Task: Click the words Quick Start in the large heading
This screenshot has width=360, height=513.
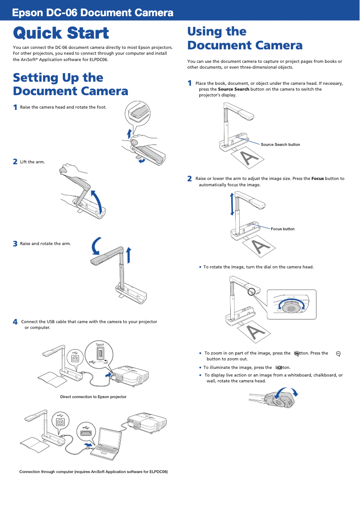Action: point(61,33)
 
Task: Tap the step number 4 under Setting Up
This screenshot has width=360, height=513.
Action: point(15,322)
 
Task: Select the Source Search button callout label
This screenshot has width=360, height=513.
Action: point(280,145)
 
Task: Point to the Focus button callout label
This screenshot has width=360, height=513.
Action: point(282,229)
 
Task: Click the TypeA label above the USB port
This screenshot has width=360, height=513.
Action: point(100,344)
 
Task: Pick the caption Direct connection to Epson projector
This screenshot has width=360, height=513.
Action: point(93,397)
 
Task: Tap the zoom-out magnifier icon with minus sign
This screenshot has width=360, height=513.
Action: point(338,354)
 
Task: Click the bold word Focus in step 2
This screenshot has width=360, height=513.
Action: point(317,179)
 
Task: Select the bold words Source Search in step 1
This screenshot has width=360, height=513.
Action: point(233,89)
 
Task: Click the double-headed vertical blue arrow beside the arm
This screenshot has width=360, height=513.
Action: point(232,204)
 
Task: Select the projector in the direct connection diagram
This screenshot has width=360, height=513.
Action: point(130,374)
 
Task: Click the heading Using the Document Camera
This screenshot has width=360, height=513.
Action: point(245,39)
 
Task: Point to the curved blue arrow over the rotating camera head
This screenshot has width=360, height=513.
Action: point(287,393)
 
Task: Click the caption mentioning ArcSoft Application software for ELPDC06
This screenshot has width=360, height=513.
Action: point(93,472)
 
